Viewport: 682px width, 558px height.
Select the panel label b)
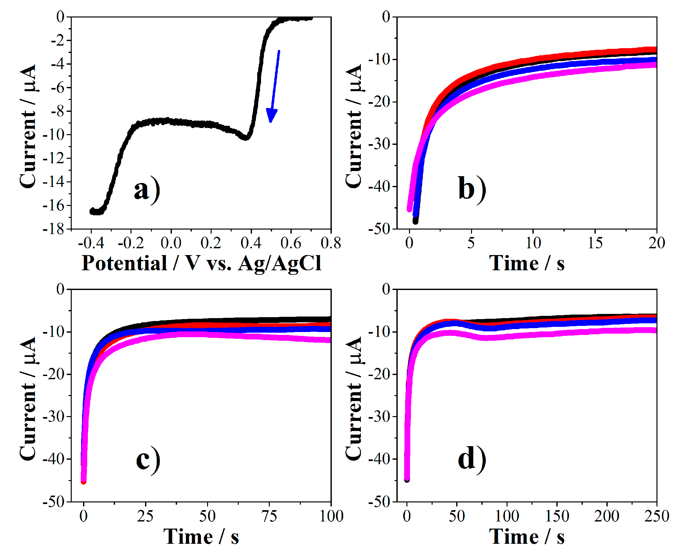tap(472, 189)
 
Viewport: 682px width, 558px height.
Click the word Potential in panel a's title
tap(124, 263)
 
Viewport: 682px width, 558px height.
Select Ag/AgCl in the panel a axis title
tap(280, 264)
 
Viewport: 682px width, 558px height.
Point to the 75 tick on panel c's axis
tap(269, 516)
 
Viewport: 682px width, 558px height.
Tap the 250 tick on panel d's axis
tap(656, 516)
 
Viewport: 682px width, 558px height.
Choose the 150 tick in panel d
tap(557, 516)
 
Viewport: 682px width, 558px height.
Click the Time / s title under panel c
tap(201, 537)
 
